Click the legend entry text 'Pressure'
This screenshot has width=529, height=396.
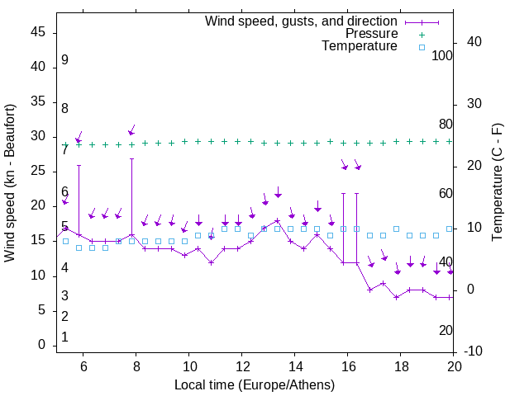372,34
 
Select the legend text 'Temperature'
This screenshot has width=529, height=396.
360,47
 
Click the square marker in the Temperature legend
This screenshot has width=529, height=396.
422,47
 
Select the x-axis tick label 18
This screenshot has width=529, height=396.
401,366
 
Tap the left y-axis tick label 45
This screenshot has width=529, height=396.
38,33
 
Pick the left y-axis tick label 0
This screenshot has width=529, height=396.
42,346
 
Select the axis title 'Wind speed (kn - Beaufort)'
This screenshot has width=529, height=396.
11,183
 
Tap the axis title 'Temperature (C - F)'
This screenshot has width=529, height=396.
498,183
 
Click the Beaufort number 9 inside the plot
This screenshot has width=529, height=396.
64,61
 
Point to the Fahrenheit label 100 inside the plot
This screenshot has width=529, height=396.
442,56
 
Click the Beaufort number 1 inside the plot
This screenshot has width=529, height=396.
64,337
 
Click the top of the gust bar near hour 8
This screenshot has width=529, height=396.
131,158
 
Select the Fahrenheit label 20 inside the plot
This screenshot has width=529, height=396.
446,331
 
